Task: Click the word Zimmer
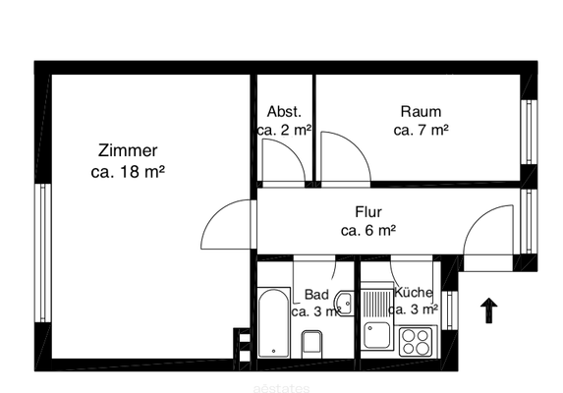128,151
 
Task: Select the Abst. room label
285,111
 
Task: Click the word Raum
421,111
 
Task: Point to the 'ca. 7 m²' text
421,130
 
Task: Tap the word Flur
368,212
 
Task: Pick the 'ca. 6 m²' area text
368,232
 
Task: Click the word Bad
316,294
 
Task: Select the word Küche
413,293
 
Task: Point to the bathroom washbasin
343,302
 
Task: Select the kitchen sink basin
376,335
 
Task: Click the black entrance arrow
488,311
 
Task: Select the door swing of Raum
345,157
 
